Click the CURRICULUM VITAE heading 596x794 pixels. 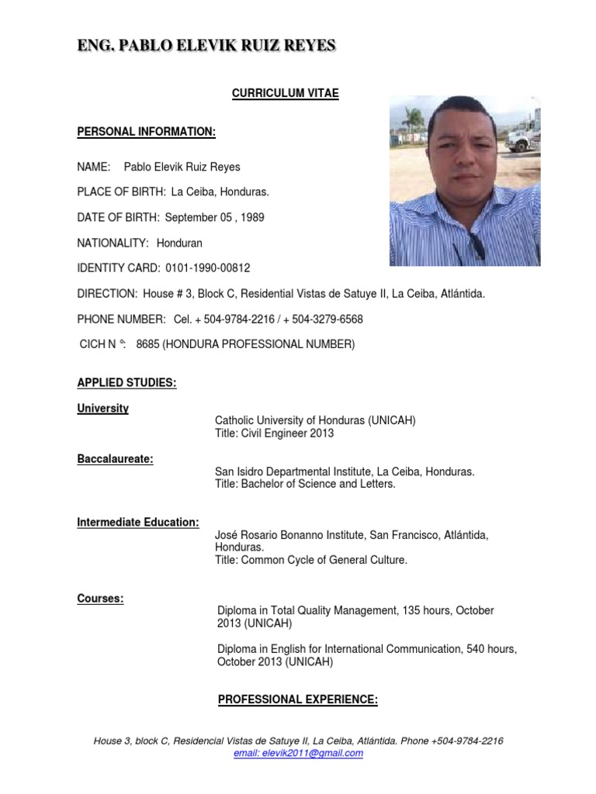tap(286, 93)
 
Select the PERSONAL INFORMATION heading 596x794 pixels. tap(146, 132)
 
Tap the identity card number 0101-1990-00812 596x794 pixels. tap(208, 268)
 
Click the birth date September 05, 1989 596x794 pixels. tap(214, 217)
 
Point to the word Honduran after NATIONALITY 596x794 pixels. tap(179, 243)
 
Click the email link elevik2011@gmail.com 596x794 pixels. tap(298, 753)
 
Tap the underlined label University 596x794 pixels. tap(102, 408)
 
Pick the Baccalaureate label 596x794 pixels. tap(115, 459)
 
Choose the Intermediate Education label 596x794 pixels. tap(138, 522)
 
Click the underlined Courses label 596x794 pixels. tap(101, 599)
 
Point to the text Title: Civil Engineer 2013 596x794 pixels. tap(274, 433)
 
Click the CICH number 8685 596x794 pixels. tap(147, 345)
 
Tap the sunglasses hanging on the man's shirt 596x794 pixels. tap(476, 247)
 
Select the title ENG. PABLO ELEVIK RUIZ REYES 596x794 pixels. tap(206, 47)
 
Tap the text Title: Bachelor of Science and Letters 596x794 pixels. tap(305, 484)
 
